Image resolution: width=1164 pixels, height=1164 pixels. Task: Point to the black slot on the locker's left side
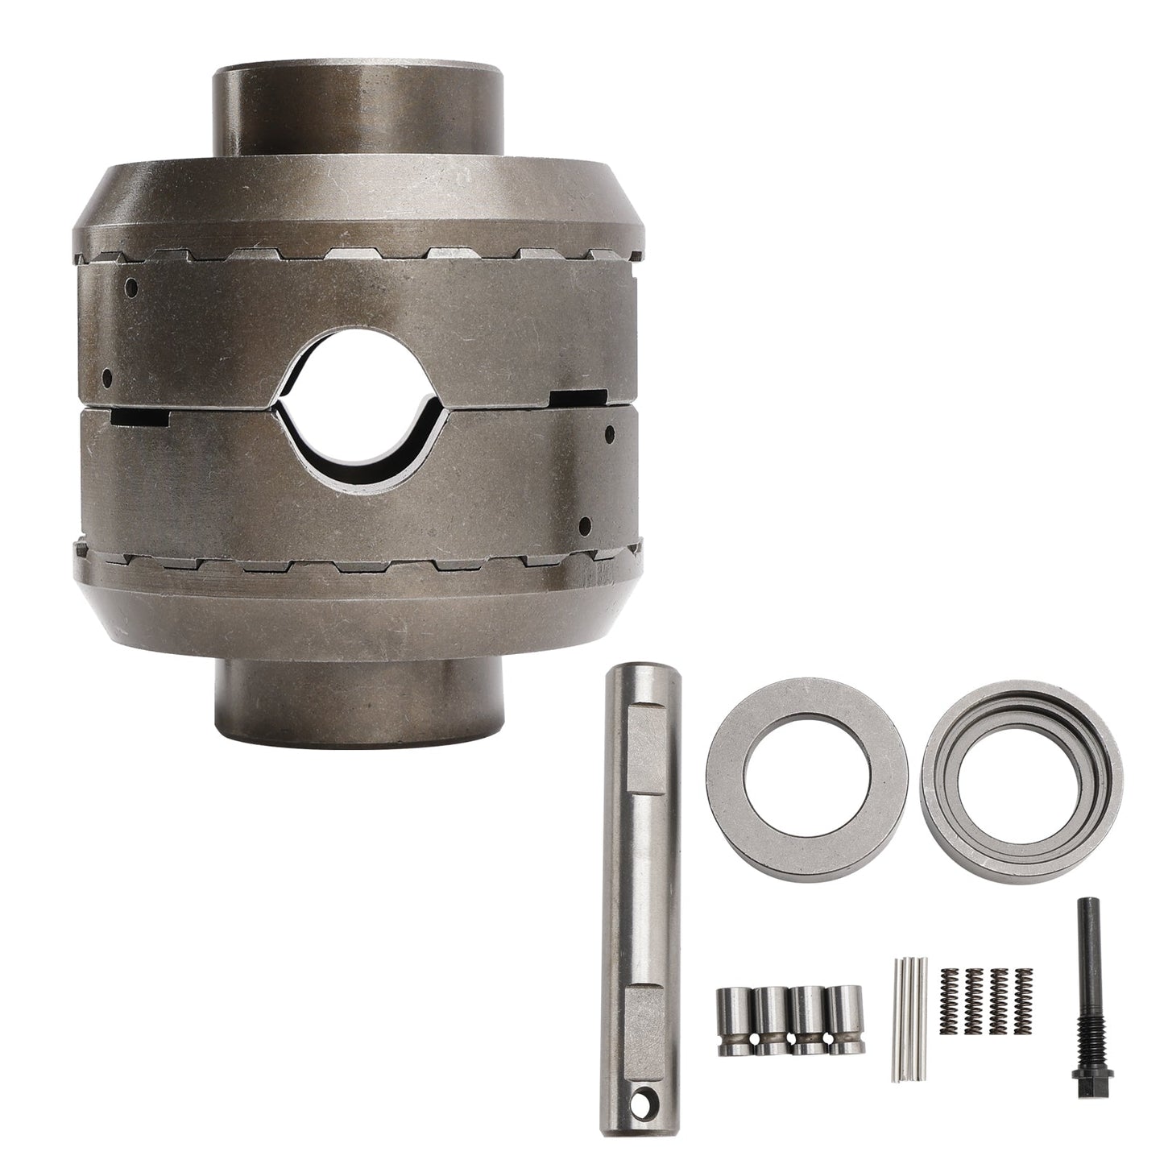pos(141,416)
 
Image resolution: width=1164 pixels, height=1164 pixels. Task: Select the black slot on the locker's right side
pos(578,397)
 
